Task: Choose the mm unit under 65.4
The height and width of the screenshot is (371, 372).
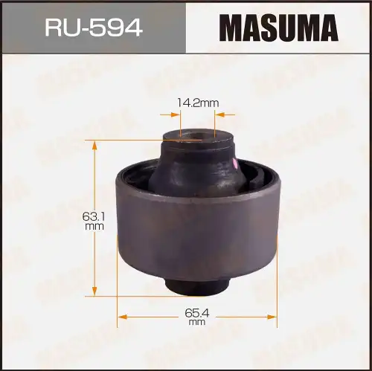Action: click(x=196, y=323)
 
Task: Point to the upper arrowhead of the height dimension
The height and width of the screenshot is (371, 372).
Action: click(x=95, y=147)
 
